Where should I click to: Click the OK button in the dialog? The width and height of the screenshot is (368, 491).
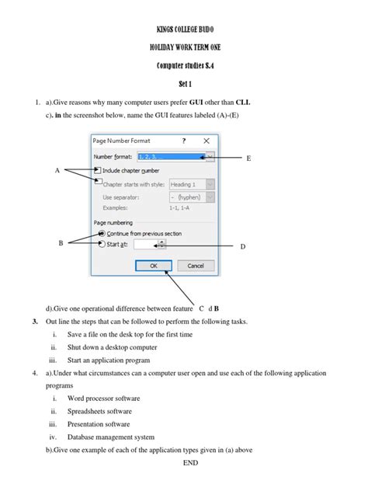pyautogui.click(x=153, y=266)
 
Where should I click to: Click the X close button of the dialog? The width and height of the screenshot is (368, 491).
pyautogui.click(x=205, y=141)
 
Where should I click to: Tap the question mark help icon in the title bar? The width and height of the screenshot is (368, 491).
pyautogui.click(x=184, y=141)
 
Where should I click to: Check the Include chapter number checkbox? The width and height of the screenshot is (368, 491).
pyautogui.click(x=97, y=169)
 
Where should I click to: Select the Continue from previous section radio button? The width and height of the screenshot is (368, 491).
pyautogui.click(x=101, y=233)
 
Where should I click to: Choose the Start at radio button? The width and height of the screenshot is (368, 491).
pyautogui.click(x=101, y=244)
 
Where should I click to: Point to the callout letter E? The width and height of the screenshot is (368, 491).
pyautogui.click(x=248, y=158)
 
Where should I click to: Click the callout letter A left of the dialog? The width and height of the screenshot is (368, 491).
pyautogui.click(x=57, y=170)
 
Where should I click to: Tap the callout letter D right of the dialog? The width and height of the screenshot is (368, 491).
pyautogui.click(x=242, y=246)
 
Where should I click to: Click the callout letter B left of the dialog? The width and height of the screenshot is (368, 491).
pyautogui.click(x=61, y=243)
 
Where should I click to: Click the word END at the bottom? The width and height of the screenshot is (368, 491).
pyautogui.click(x=191, y=463)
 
